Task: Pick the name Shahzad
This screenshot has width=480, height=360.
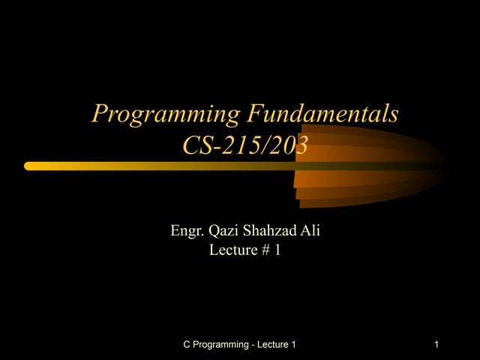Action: (x=271, y=231)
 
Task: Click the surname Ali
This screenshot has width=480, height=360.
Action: (x=310, y=231)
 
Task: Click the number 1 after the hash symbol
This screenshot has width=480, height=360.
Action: (x=277, y=250)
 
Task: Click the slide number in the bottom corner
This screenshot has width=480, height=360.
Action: (x=436, y=344)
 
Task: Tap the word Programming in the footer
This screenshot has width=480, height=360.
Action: (x=221, y=345)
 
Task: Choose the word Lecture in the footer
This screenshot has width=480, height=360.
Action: (x=272, y=344)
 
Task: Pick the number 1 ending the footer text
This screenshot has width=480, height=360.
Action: (x=294, y=344)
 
